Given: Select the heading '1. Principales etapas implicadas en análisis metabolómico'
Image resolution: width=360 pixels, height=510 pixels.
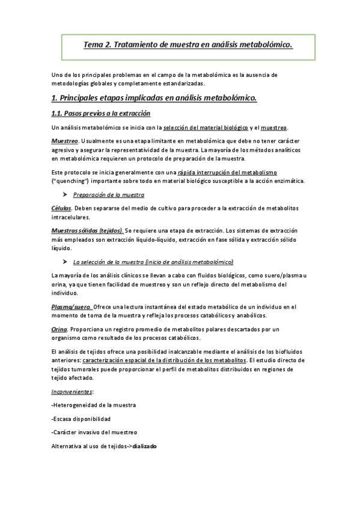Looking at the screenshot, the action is (x=154, y=97).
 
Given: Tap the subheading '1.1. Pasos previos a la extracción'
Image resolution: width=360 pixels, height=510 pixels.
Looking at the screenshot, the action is (x=101, y=113).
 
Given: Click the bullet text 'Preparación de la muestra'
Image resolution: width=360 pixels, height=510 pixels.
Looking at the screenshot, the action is (x=108, y=195).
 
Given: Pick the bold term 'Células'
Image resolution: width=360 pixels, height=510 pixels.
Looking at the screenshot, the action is (x=62, y=207).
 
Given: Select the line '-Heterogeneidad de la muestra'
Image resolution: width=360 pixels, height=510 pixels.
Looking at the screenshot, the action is (x=94, y=405).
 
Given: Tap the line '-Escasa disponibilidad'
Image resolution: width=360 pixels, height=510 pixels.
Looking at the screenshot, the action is (x=81, y=419).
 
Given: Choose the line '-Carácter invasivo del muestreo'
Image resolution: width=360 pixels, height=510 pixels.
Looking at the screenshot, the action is (x=94, y=432).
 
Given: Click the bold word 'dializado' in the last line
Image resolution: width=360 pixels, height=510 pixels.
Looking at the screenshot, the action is (x=145, y=446).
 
